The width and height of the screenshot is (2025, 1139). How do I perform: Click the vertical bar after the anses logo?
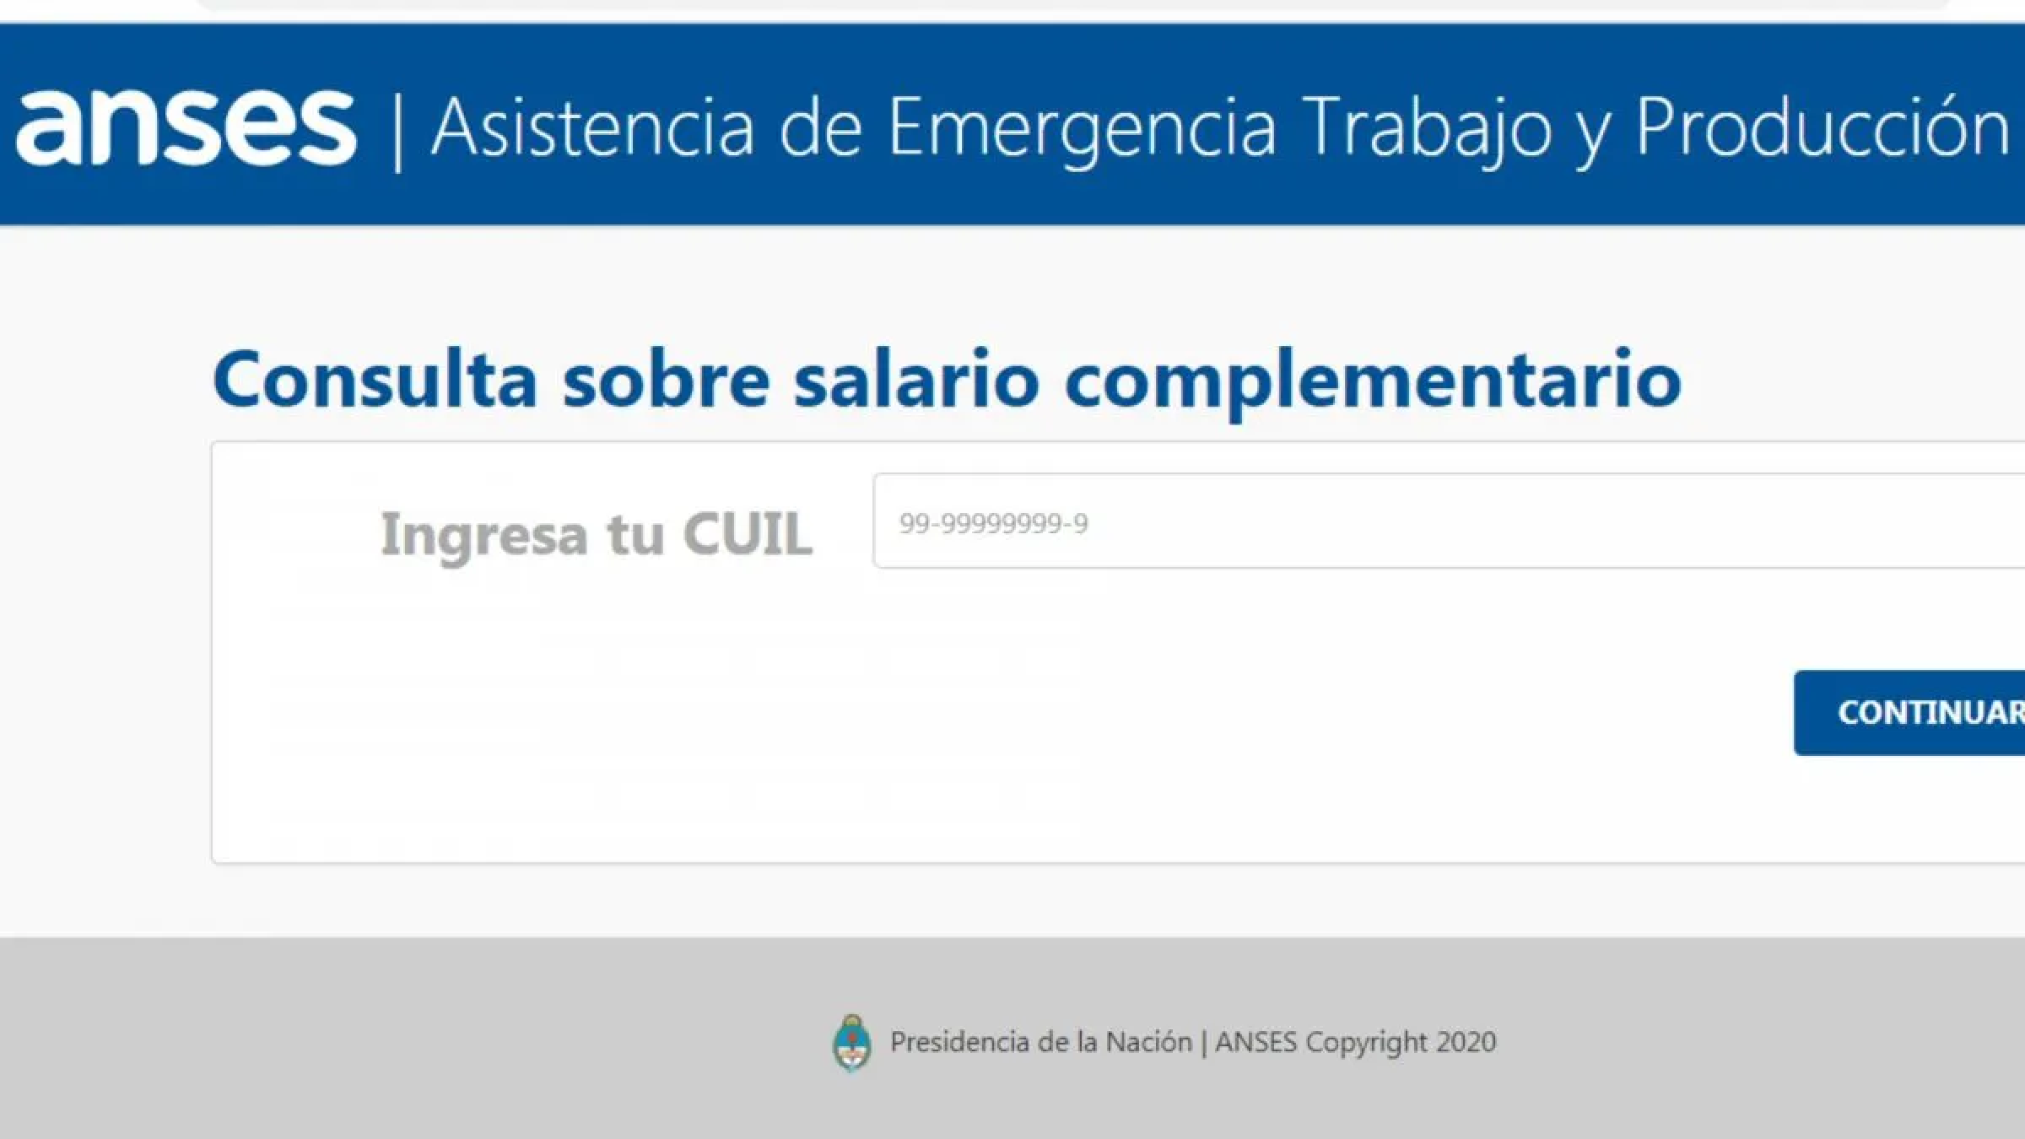coord(397,132)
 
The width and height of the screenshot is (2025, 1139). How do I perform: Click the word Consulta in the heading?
coord(375,379)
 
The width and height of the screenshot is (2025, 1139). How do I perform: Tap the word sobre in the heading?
coord(666,379)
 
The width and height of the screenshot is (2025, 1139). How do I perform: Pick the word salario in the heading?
coord(915,379)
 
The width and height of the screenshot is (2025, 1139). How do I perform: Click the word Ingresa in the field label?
coord(483,534)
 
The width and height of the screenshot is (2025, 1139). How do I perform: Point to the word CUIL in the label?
coord(748,534)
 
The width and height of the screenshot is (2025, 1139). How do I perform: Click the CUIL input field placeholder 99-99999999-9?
coord(993,523)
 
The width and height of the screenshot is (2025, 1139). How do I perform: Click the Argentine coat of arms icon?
coord(851,1043)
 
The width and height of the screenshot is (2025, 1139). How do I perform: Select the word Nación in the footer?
coord(1148,1043)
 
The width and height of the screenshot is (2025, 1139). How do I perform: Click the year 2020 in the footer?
coord(1466,1043)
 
